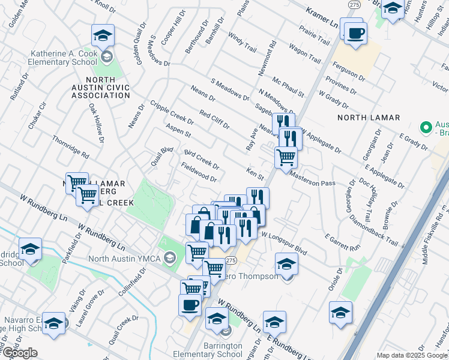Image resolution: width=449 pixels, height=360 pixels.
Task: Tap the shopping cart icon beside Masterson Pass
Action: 286,157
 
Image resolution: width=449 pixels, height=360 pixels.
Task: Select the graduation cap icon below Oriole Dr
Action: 340,313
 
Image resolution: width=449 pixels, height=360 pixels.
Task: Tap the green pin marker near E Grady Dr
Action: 426,128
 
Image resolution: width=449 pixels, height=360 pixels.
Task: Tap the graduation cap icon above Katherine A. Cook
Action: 103,36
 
